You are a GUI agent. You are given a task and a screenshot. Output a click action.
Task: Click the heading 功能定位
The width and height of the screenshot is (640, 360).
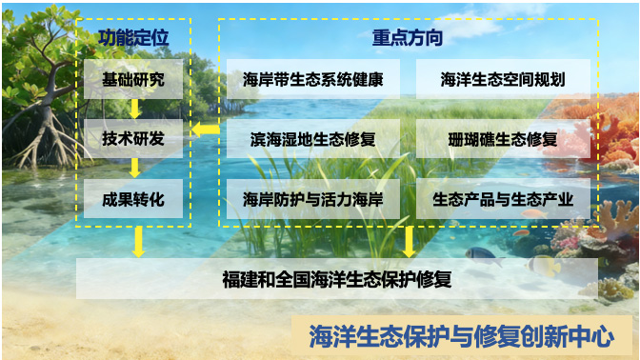[x=133, y=37]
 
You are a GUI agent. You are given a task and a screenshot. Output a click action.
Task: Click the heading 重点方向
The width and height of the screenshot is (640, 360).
[x=408, y=37]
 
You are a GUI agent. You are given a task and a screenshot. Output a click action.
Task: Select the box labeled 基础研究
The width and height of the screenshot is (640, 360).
[x=133, y=79]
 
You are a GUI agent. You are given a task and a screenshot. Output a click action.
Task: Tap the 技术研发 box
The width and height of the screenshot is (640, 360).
[x=133, y=139]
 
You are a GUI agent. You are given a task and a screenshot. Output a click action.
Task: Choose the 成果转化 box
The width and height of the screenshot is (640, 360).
[x=133, y=199]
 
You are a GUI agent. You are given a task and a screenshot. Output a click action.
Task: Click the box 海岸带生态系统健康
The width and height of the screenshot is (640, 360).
[x=313, y=79]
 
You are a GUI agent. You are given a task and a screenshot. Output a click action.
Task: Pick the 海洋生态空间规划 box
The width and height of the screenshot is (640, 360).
[x=503, y=79]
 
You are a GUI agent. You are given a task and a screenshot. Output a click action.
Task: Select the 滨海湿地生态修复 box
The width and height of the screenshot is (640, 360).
[x=313, y=139]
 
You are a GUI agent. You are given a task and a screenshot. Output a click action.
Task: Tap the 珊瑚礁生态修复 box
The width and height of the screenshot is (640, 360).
[x=503, y=139]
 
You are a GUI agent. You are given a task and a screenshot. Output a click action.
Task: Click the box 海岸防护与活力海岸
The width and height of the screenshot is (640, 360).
[x=313, y=199]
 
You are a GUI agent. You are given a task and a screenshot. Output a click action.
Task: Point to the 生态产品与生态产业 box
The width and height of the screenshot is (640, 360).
[x=503, y=199]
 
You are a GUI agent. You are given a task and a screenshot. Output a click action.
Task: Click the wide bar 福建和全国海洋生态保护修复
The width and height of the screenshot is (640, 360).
[x=337, y=279]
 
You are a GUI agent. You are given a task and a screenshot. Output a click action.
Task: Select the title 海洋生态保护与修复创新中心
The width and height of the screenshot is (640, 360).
[x=462, y=336]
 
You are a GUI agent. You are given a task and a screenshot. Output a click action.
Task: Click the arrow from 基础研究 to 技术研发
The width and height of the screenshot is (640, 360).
[x=134, y=109]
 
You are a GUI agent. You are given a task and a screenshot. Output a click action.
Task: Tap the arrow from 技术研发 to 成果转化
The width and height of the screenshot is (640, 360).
[x=134, y=169]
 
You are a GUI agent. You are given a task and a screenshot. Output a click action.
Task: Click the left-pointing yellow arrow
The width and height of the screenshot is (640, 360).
[x=206, y=130]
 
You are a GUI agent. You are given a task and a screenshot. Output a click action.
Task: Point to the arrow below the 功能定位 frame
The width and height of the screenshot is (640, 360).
[x=139, y=242]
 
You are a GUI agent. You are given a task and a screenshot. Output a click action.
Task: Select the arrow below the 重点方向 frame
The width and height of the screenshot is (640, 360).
[x=409, y=242]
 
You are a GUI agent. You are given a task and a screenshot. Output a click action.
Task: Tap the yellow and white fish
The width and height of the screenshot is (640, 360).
[x=544, y=265]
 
